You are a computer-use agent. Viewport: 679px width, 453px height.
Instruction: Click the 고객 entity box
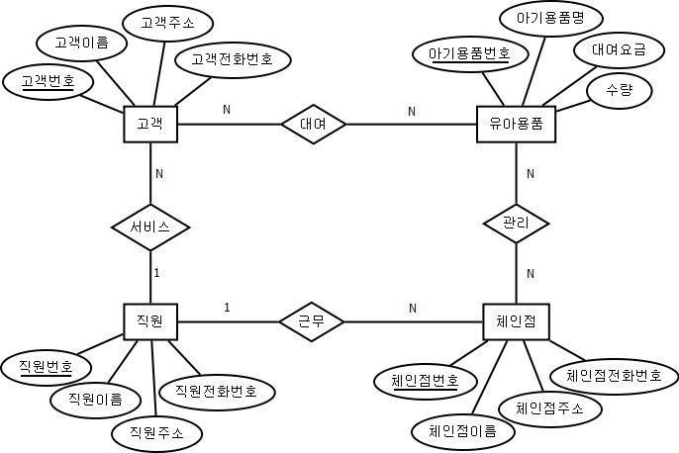coord(149,124)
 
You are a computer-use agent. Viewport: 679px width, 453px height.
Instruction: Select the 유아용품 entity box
coord(516,124)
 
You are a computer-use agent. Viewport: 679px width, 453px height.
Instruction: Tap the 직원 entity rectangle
coord(149,320)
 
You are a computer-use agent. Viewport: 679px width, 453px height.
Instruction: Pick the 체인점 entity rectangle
coord(516,320)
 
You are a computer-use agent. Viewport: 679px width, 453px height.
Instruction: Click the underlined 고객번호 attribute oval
coord(47,79)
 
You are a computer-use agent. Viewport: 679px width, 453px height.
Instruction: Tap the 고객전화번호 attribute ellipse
coord(232,59)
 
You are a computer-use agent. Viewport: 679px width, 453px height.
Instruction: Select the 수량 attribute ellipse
coord(624,90)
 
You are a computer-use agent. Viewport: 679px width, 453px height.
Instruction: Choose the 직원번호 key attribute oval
coord(46,366)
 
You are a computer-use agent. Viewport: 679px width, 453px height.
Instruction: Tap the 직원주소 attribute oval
coord(155,432)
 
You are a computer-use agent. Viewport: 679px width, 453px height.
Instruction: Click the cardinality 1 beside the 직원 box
coord(227,308)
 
